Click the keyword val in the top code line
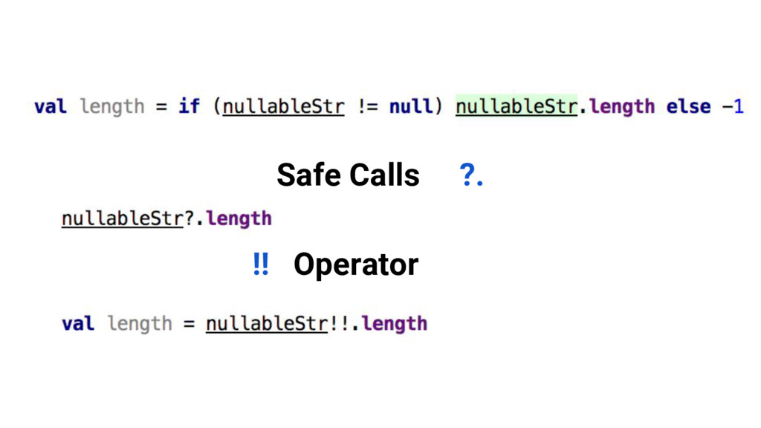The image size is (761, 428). click(50, 106)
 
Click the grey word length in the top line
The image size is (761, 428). click(111, 106)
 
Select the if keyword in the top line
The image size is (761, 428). click(189, 106)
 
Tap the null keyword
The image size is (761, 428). click(411, 106)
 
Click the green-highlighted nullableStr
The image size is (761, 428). click(516, 106)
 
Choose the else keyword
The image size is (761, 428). click(688, 106)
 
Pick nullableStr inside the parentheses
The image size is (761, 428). click(284, 106)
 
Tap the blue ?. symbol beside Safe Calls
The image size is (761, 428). click(471, 176)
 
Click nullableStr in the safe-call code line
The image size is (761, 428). click(122, 218)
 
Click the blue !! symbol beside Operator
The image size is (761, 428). click(260, 264)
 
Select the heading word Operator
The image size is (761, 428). click(355, 265)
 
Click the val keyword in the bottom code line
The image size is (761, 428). click(77, 324)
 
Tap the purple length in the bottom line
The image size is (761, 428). click(394, 324)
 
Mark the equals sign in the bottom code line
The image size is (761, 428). click(188, 324)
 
